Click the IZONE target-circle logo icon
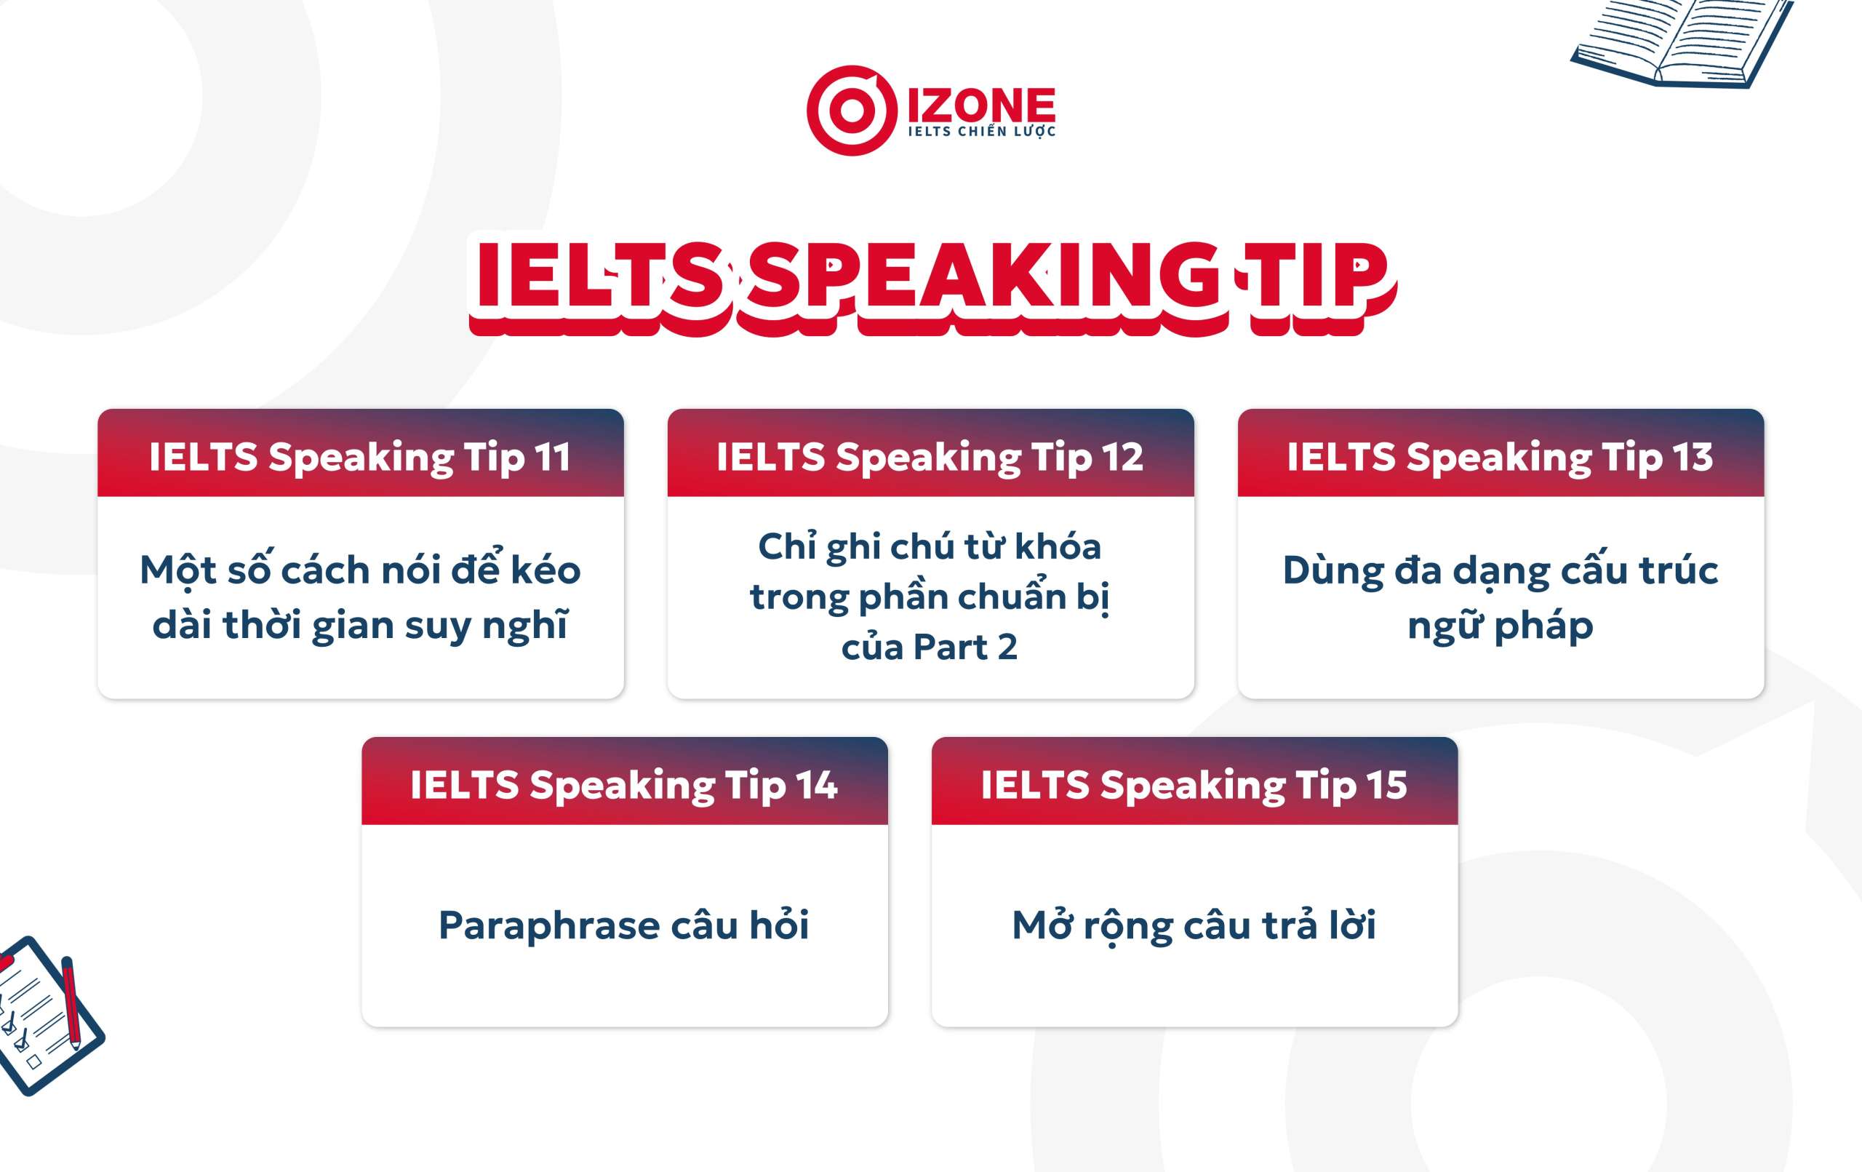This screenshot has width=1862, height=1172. point(851,111)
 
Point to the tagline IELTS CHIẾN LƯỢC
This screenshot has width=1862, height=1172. point(981,132)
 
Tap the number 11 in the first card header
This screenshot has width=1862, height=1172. point(552,457)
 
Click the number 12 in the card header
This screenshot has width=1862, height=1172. point(1122,457)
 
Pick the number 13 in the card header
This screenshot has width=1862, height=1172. point(1693,457)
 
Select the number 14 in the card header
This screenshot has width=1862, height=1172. point(817,785)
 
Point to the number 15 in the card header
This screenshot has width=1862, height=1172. point(1386,785)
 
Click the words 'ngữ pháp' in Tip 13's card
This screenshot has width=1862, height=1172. point(1500,625)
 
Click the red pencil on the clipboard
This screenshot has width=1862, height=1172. point(71,1002)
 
